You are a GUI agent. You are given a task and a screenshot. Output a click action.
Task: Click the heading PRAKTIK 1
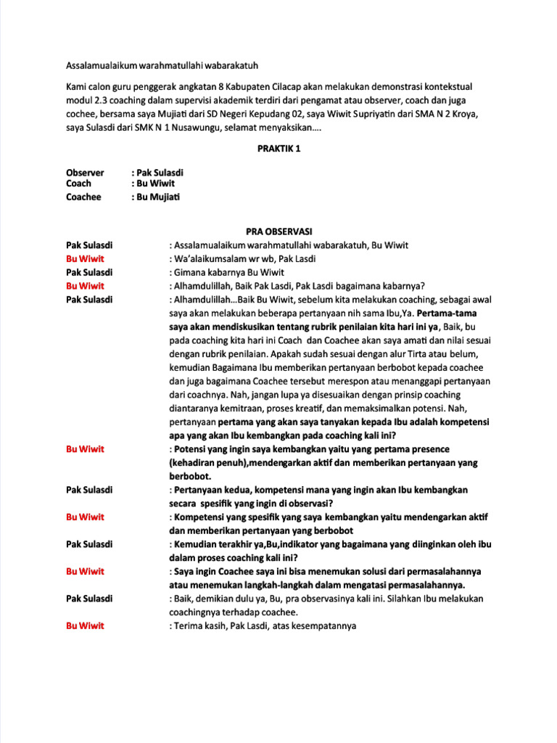[x=278, y=149]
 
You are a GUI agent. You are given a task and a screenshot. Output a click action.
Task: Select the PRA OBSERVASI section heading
[x=278, y=231]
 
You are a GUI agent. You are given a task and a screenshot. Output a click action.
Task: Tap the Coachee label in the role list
[x=84, y=197]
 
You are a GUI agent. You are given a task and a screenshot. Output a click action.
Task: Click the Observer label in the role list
[x=85, y=173]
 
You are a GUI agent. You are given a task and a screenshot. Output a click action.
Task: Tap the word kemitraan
[x=237, y=409]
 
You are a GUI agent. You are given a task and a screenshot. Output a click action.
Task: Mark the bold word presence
[x=432, y=449]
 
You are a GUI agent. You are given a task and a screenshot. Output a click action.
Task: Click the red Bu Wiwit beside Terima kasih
[x=85, y=625]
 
